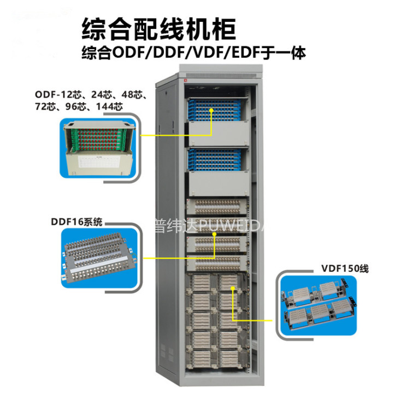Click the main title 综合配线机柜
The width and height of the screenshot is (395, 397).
[159, 29]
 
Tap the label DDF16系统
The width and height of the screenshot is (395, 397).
[77, 222]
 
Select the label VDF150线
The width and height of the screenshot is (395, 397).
[345, 268]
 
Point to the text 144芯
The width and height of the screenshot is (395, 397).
[109, 106]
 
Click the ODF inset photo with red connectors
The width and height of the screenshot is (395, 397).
[98, 148]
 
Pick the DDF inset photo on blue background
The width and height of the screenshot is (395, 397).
[99, 258]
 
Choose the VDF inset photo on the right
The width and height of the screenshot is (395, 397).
[319, 305]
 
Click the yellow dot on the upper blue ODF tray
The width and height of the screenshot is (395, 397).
[211, 110]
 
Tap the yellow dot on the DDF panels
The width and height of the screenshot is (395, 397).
[214, 234]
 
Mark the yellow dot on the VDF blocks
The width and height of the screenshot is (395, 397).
[233, 288]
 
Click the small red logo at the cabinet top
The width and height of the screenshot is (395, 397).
[185, 80]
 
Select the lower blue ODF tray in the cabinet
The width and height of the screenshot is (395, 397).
[215, 159]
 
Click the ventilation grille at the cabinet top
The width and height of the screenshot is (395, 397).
[221, 75]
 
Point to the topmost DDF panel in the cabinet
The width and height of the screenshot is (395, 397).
[217, 206]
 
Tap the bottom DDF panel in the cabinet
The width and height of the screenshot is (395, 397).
[217, 263]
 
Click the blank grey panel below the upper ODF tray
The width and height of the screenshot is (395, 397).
[219, 134]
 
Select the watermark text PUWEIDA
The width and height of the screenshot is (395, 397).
[230, 226]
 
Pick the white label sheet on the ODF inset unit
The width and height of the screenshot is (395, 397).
[98, 162]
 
